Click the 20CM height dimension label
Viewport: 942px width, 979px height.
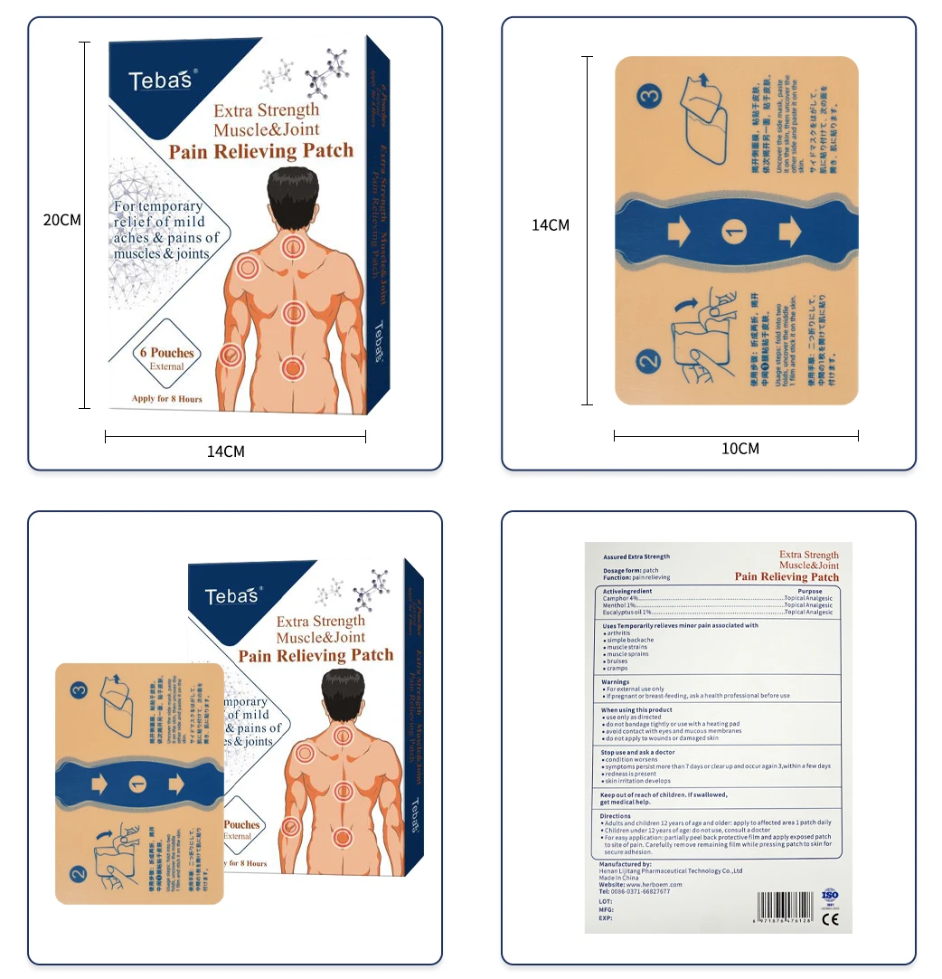pos(62,221)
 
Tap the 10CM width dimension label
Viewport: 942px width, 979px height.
pos(740,449)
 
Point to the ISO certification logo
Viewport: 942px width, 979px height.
pos(830,896)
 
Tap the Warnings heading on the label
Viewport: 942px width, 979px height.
pos(616,682)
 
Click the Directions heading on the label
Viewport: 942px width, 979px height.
pos(617,816)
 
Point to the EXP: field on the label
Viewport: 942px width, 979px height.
pos(606,918)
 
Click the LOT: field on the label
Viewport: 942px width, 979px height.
pos(606,902)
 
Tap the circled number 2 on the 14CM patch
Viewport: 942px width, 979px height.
pos(650,363)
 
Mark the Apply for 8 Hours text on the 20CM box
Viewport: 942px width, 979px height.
pos(166,399)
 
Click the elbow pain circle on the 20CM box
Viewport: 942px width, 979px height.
pos(230,355)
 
